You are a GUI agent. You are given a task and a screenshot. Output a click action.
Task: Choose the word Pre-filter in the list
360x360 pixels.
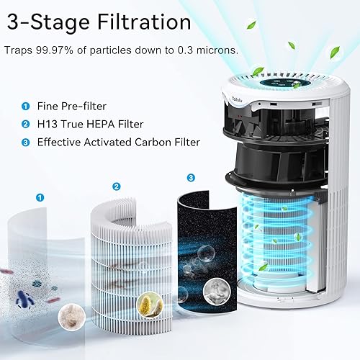point(92,106)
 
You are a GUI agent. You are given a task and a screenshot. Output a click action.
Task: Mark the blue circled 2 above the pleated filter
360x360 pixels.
point(116,186)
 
